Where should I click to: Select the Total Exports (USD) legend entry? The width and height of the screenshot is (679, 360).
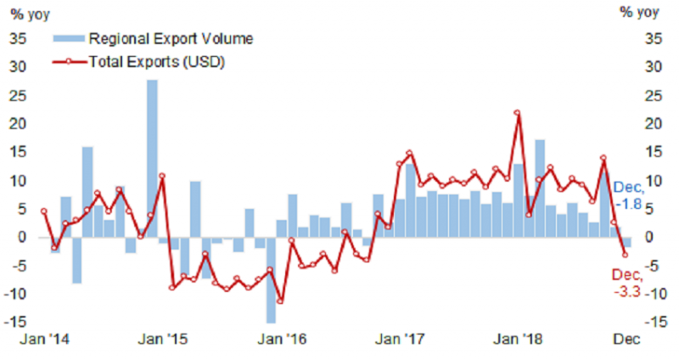[156, 61]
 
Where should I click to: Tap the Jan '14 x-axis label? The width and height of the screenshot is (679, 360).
[39, 338]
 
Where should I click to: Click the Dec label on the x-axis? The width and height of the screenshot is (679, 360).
[626, 338]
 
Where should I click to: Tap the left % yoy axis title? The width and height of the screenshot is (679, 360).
[31, 12]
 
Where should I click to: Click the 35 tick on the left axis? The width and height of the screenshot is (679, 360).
[18, 38]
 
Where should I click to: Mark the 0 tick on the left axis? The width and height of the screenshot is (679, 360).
[22, 237]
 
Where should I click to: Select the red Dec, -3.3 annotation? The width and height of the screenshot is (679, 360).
[630, 284]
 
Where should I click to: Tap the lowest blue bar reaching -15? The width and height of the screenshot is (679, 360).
[271, 280]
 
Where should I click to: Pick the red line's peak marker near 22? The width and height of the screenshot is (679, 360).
[517, 113]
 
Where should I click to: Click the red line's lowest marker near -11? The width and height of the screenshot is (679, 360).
[281, 301]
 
